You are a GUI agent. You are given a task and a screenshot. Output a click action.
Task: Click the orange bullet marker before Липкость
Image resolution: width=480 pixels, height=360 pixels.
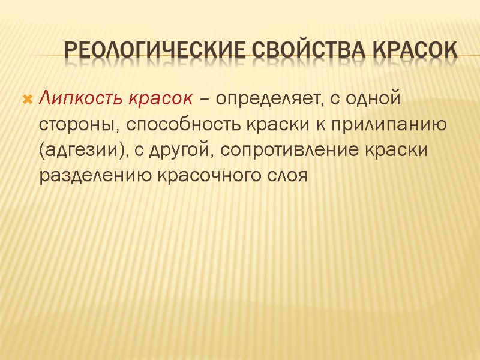[27, 98]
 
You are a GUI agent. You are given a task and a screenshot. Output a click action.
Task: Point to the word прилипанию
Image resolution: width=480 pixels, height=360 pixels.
[378, 125]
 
